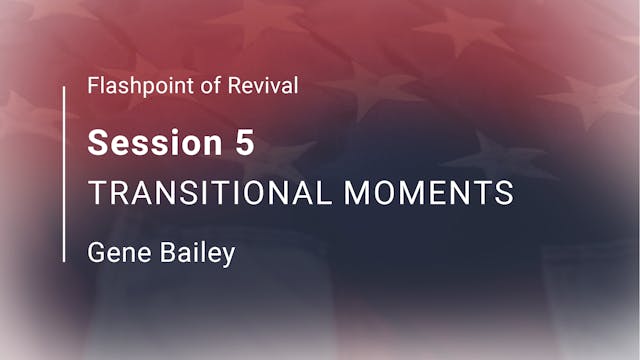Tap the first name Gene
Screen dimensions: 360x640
coord(113,253)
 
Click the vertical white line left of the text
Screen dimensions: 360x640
coord(65,174)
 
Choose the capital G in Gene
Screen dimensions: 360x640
coord(96,253)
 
